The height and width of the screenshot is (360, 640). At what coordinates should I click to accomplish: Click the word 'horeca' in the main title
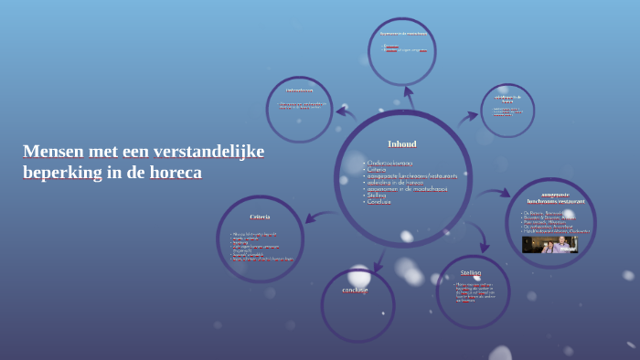click(x=172, y=172)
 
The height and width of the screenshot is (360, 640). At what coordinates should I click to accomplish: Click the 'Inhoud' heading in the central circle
click(x=402, y=143)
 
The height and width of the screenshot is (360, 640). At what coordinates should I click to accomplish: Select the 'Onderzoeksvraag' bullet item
click(x=389, y=163)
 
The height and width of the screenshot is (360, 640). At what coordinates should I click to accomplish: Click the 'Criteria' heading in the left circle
click(x=260, y=217)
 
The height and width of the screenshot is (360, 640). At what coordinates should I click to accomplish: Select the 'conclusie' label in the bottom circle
click(x=356, y=291)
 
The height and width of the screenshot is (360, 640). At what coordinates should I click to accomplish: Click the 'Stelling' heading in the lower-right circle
click(x=471, y=272)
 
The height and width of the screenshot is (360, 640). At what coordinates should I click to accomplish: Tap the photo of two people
click(x=549, y=244)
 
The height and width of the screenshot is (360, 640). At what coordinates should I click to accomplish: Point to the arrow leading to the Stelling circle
click(x=478, y=237)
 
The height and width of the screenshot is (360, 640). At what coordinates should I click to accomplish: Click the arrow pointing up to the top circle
click(x=408, y=96)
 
